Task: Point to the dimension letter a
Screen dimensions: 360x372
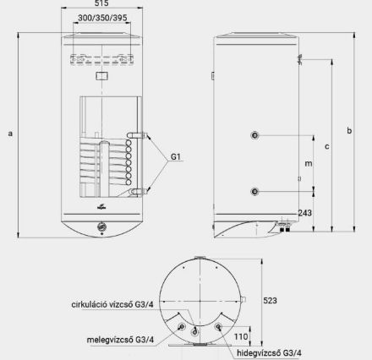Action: (x=9, y=133)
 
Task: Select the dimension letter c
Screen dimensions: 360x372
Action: (x=326, y=145)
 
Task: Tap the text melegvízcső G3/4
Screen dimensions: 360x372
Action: (x=120, y=340)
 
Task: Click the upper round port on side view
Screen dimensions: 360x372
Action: (x=254, y=135)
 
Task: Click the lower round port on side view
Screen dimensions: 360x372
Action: (x=254, y=190)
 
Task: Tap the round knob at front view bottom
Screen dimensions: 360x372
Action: (x=101, y=226)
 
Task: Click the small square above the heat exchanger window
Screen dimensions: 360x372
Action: (x=101, y=77)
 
